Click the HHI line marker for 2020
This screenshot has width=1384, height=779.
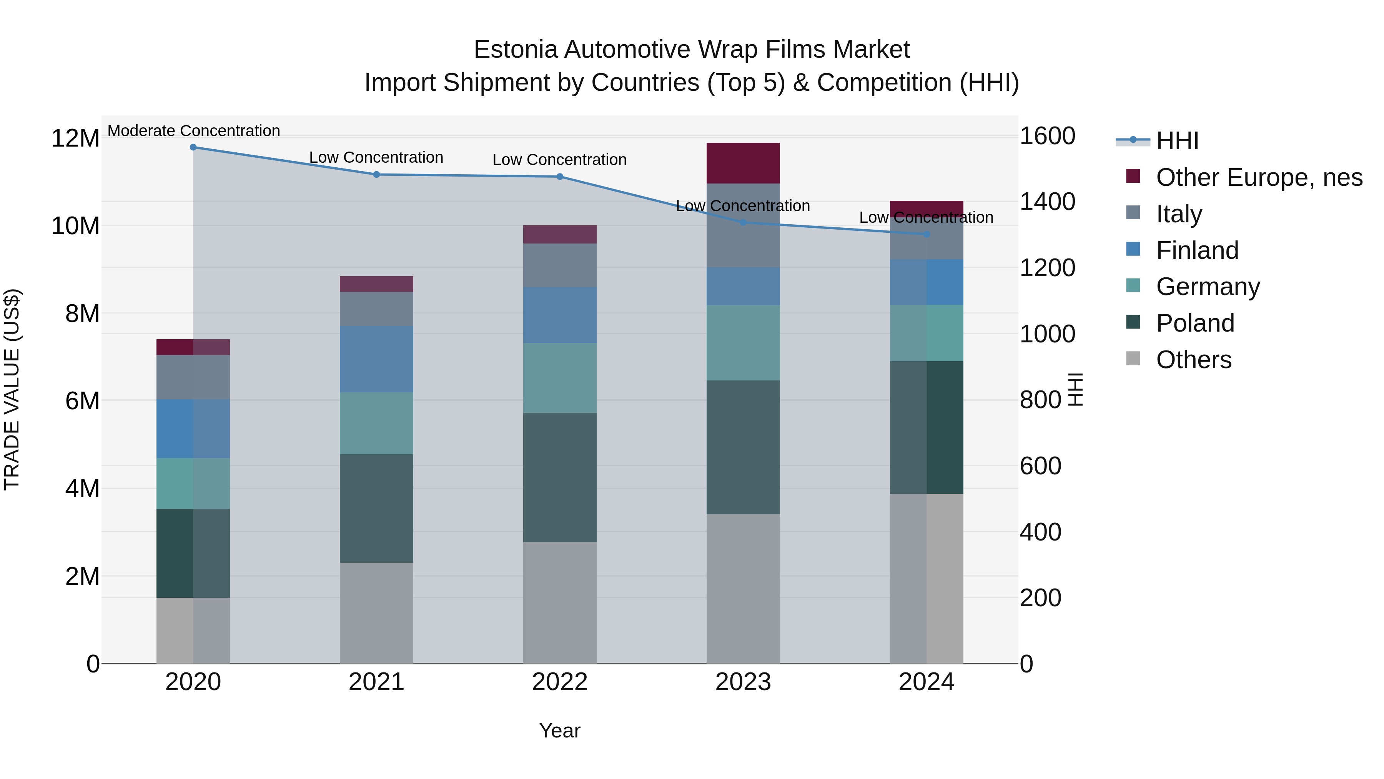[x=193, y=147]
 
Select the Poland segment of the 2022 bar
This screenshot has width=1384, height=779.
[x=559, y=477]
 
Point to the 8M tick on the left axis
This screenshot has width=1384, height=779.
[x=82, y=314]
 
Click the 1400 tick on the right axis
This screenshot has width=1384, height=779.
[x=1047, y=202]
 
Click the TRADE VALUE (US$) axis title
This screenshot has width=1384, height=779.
[x=12, y=389]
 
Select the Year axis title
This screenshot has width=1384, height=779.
[x=559, y=731]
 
